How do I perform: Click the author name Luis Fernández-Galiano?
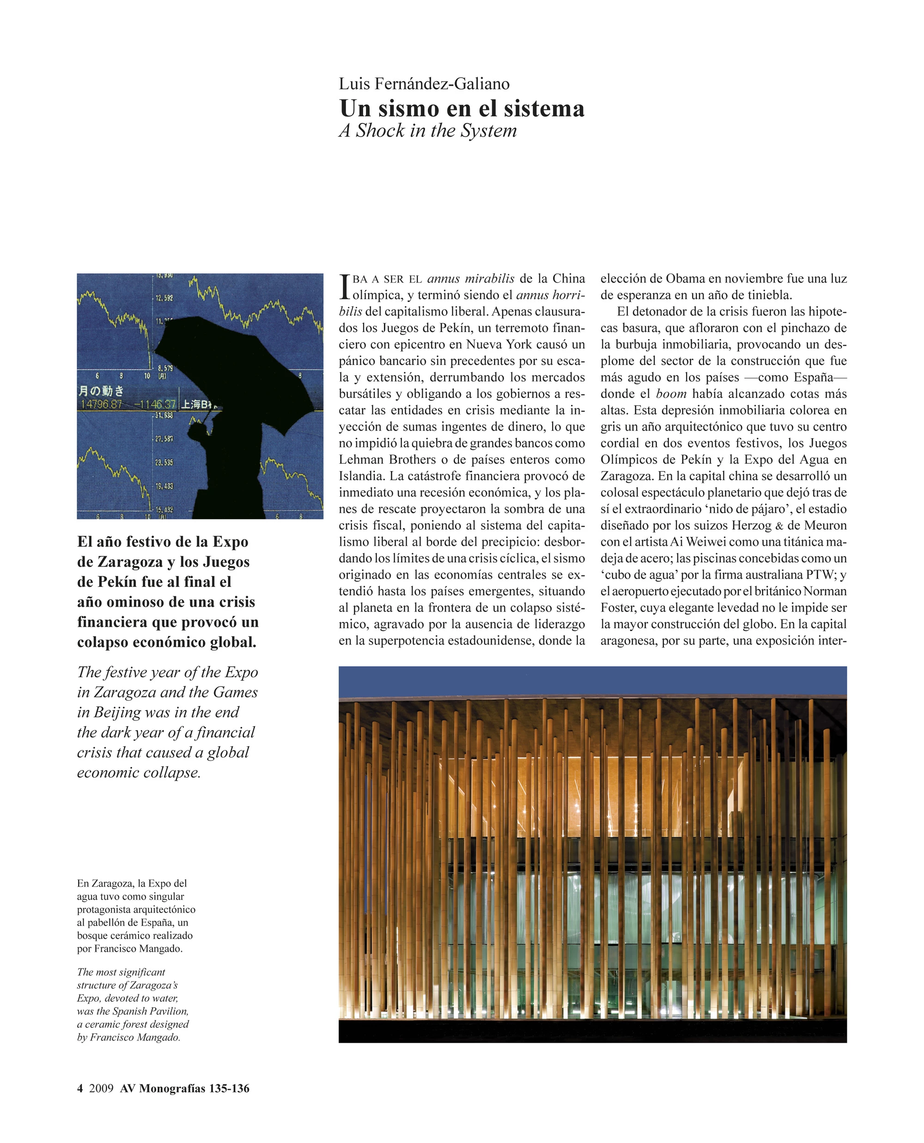click(x=424, y=84)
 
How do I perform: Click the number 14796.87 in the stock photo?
click(x=101, y=405)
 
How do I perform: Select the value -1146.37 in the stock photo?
click(x=155, y=405)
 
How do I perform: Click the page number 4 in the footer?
click(x=80, y=1088)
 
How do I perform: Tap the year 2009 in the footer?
click(x=101, y=1088)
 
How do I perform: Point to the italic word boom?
click(x=671, y=394)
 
